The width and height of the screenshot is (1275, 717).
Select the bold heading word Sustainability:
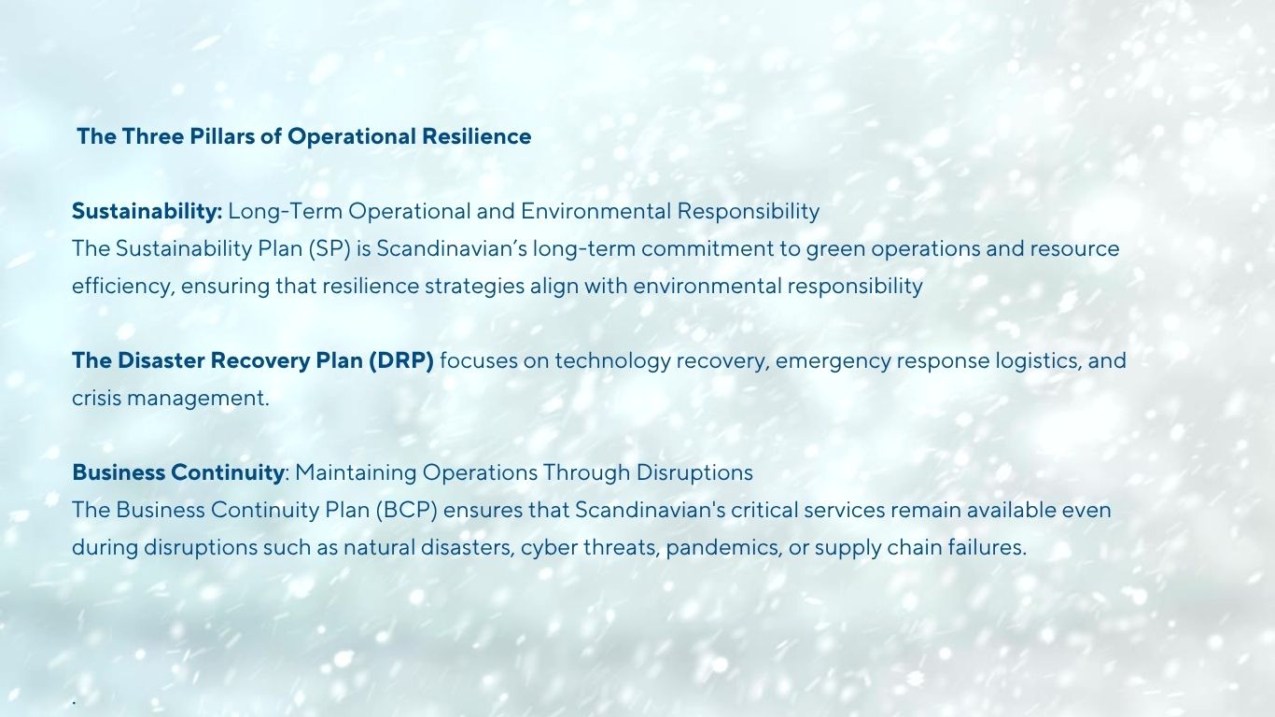(147, 212)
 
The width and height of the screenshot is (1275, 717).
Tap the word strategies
(474, 287)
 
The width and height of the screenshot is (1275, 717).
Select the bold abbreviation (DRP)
(400, 361)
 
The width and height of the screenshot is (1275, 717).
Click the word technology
(612, 361)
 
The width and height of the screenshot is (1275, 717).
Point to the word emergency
(833, 361)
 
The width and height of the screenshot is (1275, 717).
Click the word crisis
(96, 398)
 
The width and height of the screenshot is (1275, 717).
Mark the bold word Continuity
(228, 472)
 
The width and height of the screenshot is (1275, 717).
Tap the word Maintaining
(356, 472)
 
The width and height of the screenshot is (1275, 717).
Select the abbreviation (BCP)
(406, 510)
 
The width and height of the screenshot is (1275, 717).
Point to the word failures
(987, 547)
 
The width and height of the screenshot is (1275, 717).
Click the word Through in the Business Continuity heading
(586, 472)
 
